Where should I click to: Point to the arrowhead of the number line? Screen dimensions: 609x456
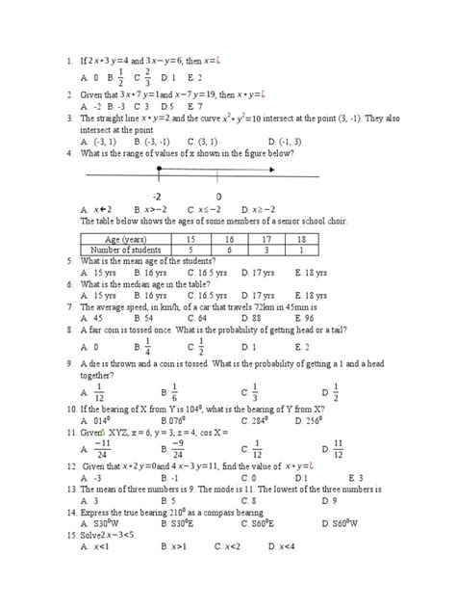[x=276, y=171]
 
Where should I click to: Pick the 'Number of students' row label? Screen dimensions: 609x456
[x=126, y=248]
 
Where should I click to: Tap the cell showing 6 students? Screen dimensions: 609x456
[x=229, y=248]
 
